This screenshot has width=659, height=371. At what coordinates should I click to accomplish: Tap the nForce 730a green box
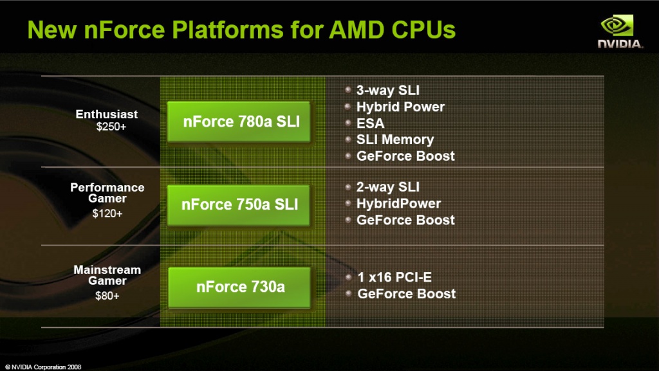239,287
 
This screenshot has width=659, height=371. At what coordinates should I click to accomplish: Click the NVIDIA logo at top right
620,32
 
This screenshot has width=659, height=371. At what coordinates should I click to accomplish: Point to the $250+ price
111,127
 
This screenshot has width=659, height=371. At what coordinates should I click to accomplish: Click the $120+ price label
107,213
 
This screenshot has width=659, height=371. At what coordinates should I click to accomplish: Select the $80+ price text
107,296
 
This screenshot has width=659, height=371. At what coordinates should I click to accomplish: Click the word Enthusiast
107,114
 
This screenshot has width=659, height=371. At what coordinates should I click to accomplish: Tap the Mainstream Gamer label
107,275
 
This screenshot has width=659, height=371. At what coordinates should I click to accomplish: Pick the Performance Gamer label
107,193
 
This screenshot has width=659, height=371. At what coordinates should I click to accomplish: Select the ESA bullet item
370,123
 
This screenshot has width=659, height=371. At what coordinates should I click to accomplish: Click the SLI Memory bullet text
394,140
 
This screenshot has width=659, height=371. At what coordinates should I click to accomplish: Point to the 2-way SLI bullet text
387,186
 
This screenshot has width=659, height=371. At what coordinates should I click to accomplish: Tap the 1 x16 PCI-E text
394,277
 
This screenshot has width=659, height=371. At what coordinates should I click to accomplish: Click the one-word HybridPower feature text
398,203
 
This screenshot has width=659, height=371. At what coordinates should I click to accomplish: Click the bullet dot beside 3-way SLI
348,90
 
